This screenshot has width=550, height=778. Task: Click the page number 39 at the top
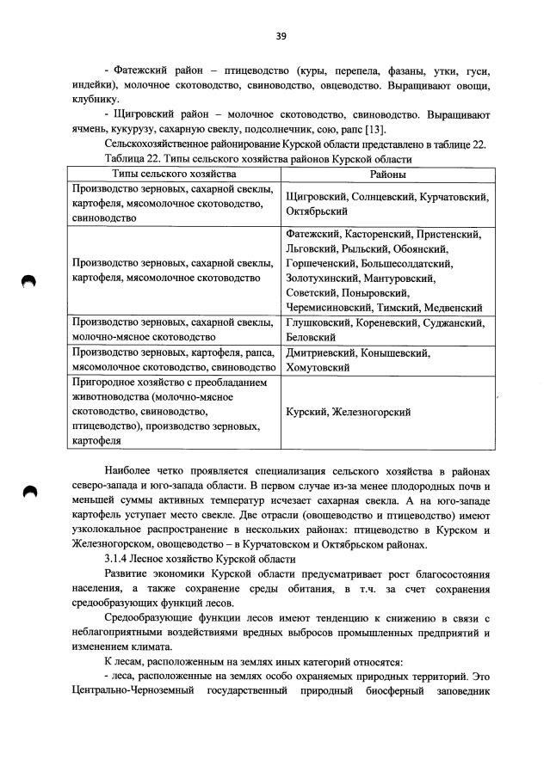281,35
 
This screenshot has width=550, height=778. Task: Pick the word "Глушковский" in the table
318,323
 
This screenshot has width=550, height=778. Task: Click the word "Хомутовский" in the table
315,367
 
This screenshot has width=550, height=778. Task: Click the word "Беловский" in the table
308,338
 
